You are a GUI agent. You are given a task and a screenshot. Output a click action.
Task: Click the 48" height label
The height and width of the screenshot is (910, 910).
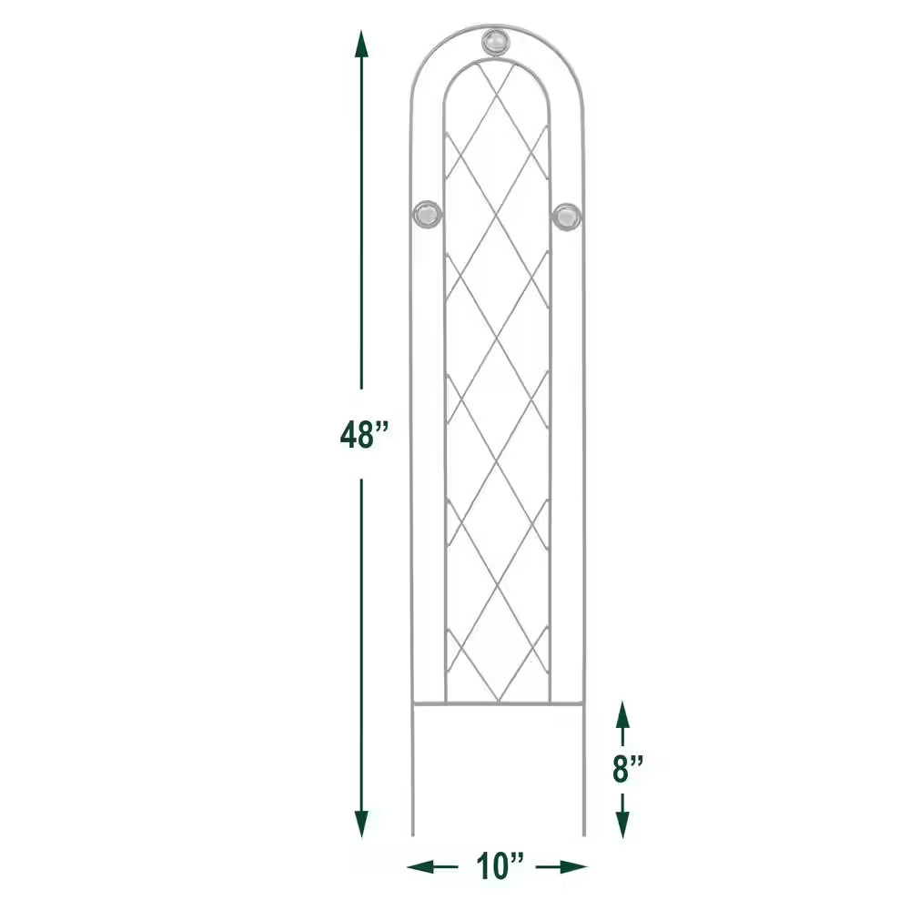click(x=363, y=435)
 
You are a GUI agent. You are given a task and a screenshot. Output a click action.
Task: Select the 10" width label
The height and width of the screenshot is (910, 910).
click(x=497, y=865)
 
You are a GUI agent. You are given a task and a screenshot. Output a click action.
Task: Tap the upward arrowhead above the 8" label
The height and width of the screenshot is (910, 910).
click(x=622, y=713)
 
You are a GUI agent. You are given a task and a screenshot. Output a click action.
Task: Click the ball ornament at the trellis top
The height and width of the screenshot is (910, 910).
click(x=496, y=42)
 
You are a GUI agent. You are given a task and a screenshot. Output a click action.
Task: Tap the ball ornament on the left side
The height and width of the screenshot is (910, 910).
click(x=428, y=217)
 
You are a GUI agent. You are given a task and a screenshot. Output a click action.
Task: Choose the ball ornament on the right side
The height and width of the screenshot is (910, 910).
click(x=565, y=217)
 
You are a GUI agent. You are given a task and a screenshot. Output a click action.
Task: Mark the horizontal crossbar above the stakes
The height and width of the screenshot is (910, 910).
click(x=498, y=703)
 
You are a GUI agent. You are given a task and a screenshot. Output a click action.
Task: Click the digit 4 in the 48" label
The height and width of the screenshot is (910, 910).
click(x=350, y=435)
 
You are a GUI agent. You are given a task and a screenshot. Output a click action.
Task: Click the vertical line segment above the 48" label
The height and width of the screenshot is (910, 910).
click(x=362, y=227)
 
